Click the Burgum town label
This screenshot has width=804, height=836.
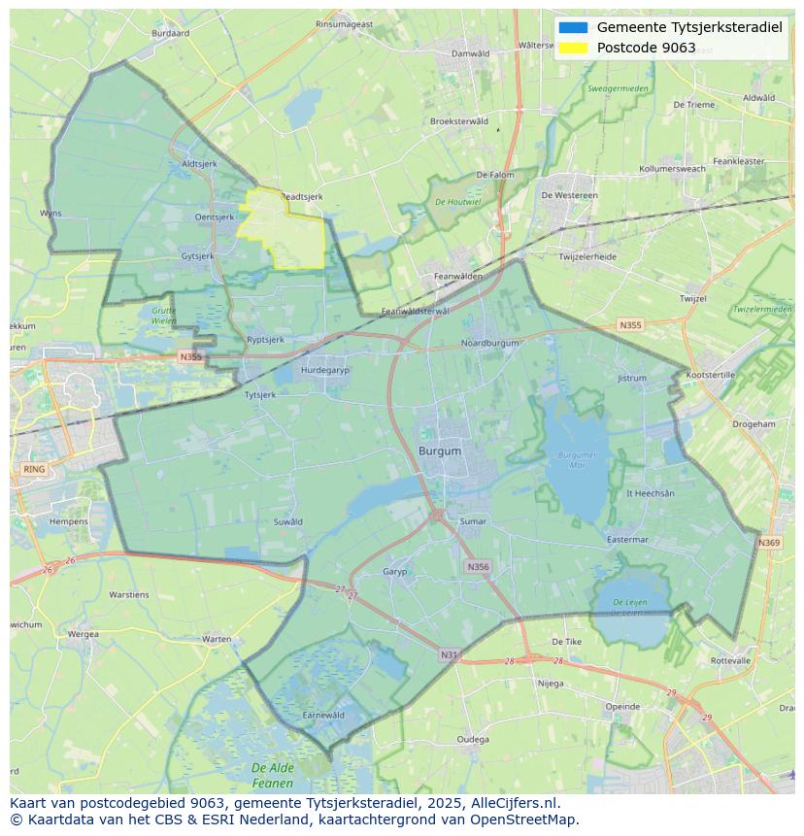click(440, 451)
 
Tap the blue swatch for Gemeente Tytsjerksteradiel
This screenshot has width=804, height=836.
click(573, 27)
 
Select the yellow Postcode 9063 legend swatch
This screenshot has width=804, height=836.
click(573, 48)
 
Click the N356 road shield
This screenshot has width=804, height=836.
click(478, 566)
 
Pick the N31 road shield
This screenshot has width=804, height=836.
click(449, 655)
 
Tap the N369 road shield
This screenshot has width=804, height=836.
click(769, 543)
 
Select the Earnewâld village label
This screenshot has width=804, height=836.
click(323, 715)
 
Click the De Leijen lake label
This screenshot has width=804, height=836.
click(629, 607)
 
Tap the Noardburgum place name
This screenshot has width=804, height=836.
click(489, 343)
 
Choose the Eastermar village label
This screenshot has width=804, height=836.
click(626, 539)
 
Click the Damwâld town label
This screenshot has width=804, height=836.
click(471, 53)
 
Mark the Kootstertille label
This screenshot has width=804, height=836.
click(711, 374)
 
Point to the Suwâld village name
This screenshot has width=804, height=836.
click(287, 521)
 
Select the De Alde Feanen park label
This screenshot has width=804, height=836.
click(272, 775)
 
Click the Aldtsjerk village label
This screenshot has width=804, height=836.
click(199, 164)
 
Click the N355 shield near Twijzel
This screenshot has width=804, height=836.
click(630, 325)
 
